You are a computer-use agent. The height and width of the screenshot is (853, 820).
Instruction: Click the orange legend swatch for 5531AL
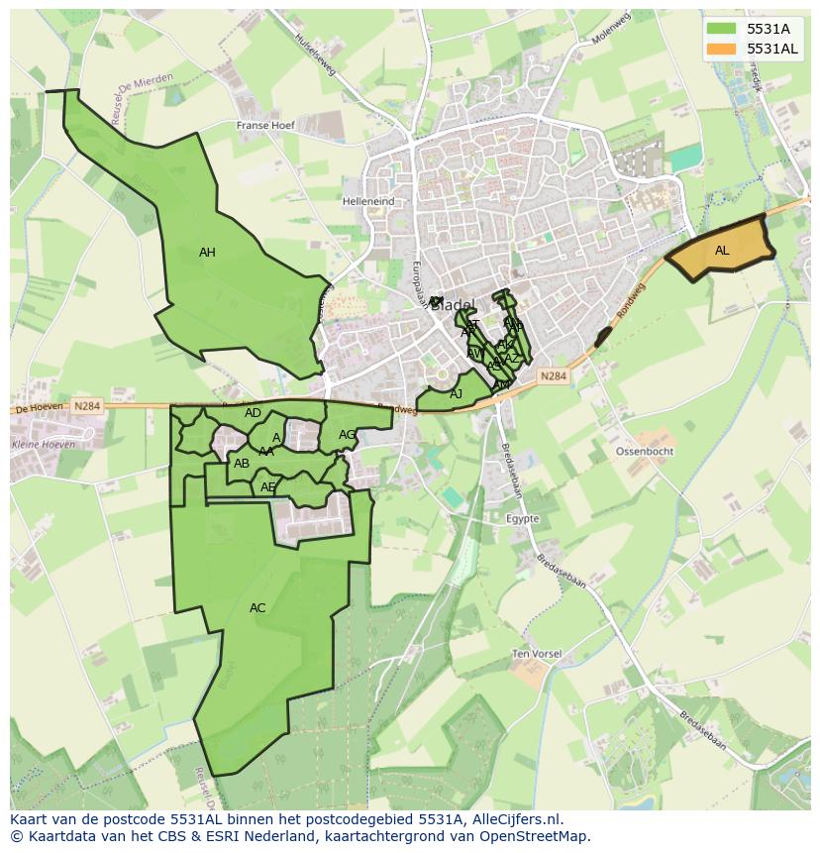click(721, 49)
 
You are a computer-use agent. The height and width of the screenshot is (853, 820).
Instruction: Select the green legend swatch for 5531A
click(721, 28)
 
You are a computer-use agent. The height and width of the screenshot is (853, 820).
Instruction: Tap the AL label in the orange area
click(722, 251)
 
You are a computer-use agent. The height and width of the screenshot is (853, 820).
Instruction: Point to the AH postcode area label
click(207, 253)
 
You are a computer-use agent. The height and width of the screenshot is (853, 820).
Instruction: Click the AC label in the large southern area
click(257, 608)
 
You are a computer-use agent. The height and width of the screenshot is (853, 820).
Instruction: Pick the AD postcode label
click(253, 413)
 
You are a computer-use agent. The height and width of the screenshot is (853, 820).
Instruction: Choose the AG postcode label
click(347, 435)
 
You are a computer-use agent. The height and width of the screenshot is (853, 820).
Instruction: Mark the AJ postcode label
click(457, 394)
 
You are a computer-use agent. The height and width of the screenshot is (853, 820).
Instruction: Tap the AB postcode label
click(242, 463)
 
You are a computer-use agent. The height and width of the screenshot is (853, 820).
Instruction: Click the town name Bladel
click(454, 305)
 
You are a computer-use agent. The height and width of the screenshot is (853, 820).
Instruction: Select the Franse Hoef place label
click(266, 126)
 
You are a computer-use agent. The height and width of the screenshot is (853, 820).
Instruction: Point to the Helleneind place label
click(368, 201)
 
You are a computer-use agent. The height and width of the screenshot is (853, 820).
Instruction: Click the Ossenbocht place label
click(645, 451)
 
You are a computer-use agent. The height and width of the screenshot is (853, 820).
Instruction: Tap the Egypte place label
click(522, 518)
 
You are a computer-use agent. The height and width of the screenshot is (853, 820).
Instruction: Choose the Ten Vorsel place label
click(537, 654)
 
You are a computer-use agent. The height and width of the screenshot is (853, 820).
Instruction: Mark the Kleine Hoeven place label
click(44, 445)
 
